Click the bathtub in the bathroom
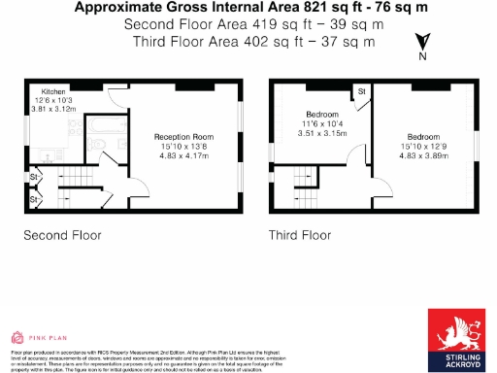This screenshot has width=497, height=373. pos(100,123)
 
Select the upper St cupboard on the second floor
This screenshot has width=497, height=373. pos(32,179)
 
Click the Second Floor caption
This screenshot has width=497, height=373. pos(62,235)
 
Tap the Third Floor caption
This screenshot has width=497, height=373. pos(300,235)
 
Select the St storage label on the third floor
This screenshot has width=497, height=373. pos(360,91)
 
